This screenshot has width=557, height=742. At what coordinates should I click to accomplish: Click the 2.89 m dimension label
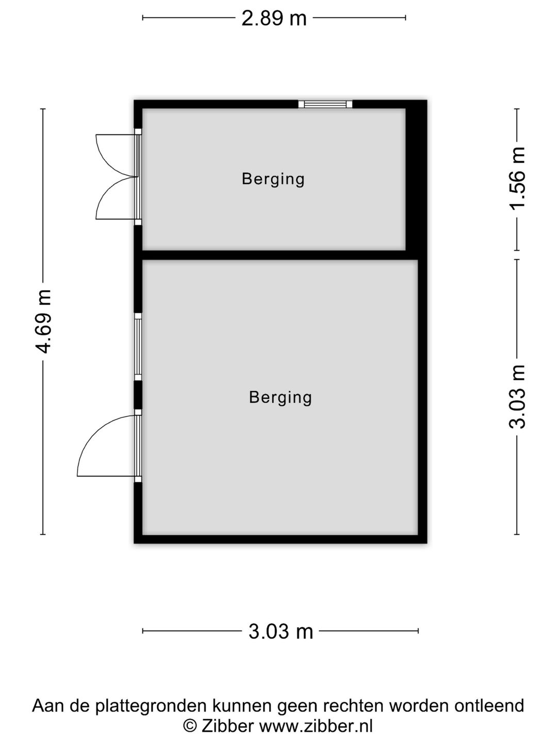274,18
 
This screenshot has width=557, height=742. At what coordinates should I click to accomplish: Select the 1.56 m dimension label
517,179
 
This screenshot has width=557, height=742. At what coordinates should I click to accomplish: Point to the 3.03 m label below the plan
281,631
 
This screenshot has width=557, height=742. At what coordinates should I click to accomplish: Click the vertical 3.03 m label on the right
517,397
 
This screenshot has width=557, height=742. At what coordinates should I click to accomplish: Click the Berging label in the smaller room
273,179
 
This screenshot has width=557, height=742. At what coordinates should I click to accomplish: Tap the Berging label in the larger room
281,397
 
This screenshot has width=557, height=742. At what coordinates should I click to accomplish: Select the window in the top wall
325,104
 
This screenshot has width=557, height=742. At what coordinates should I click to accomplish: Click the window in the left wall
138,347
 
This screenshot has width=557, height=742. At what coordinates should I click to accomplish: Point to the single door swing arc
95,432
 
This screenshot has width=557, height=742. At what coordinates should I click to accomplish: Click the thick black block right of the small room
416,180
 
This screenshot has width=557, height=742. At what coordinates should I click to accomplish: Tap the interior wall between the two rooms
280,255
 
